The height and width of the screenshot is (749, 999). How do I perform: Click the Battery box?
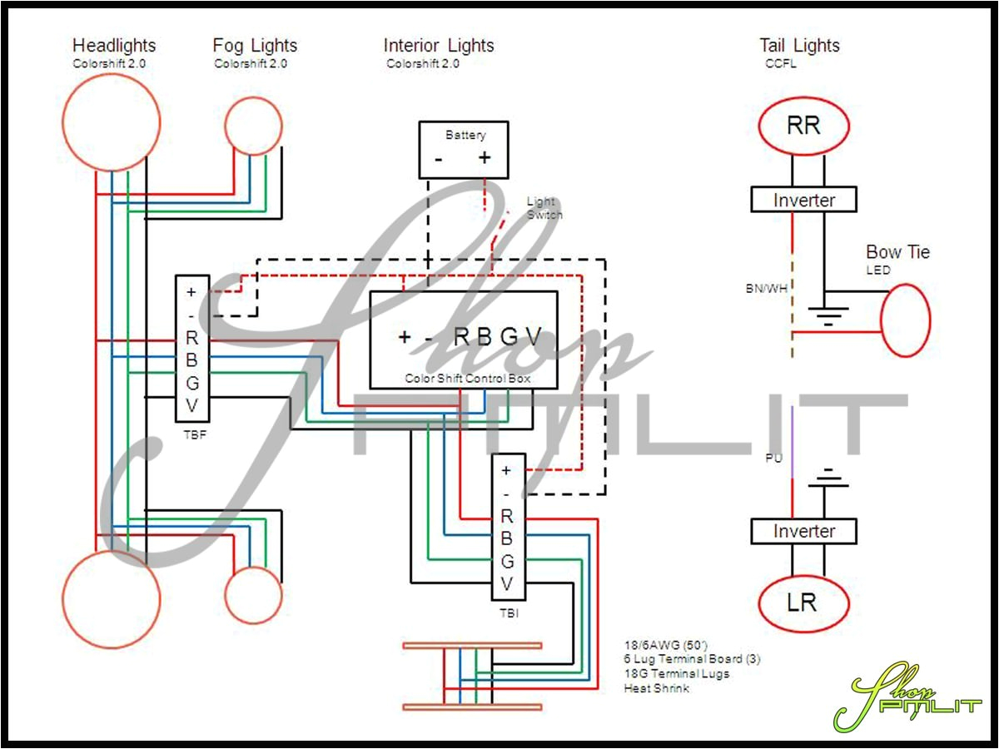coord(464,150)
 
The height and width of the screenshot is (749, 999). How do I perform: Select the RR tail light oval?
coord(803,126)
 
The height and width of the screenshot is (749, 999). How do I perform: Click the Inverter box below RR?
coord(803,200)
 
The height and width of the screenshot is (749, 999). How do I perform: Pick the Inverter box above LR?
coord(803,531)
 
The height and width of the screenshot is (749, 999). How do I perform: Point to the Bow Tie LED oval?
coord(905,320)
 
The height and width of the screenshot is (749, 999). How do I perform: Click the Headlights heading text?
coord(114,46)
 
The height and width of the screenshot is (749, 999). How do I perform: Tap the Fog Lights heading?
coord(255,46)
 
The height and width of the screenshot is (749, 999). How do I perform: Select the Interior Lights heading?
coord(439,46)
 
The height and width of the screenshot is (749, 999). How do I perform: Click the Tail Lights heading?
coord(799,46)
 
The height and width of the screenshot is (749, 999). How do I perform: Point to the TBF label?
coord(191,434)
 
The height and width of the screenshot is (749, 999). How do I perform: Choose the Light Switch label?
coord(544,208)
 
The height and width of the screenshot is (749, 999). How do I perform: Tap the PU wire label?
coord(773,458)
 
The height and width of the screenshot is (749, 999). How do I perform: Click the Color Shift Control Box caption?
coord(468,378)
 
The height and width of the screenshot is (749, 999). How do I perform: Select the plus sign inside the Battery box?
coord(485,157)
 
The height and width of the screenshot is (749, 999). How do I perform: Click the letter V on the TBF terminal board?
coord(191,405)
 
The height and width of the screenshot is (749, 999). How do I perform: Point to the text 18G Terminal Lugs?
coord(676,673)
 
